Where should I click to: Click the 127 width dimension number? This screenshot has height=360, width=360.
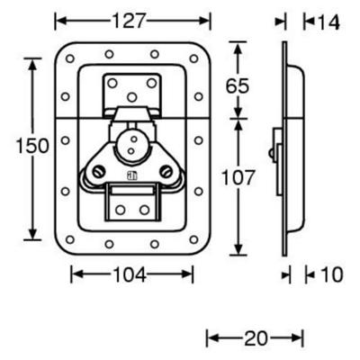[129, 21]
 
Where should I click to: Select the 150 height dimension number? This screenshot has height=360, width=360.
[32, 146]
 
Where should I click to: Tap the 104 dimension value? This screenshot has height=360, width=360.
[130, 274]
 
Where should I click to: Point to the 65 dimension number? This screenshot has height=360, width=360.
[238, 85]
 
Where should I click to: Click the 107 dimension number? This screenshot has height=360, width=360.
[238, 177]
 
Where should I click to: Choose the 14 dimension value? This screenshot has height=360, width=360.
[328, 22]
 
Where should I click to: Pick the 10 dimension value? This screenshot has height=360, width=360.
[331, 274]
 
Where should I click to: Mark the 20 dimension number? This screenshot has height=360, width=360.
[256, 338]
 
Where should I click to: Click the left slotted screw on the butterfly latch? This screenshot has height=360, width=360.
[98, 172]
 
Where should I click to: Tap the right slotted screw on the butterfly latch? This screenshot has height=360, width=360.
[166, 172]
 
